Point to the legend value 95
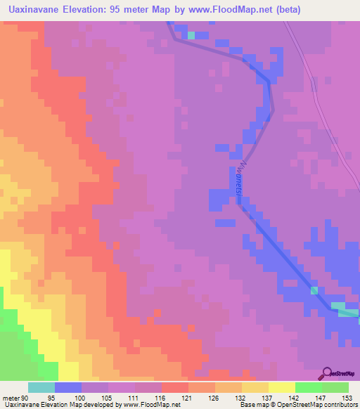(x=60, y=397)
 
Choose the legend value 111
(x=134, y=397)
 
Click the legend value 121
(x=187, y=397)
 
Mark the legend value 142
(x=294, y=397)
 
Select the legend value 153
(x=345, y=397)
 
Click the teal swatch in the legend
(x=41, y=387)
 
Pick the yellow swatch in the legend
(x=281, y=387)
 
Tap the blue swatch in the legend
(x=67, y=387)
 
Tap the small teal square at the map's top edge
(x=191, y=34)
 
